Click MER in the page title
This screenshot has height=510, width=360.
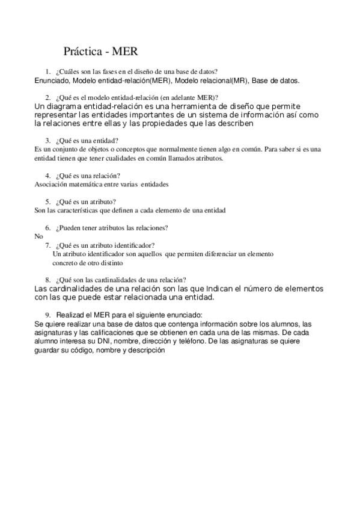(126, 51)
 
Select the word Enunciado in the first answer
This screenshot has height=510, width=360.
(52, 79)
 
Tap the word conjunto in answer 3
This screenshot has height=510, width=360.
(66, 149)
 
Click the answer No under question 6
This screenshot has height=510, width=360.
(39, 236)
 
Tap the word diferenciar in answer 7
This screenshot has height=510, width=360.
(221, 254)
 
